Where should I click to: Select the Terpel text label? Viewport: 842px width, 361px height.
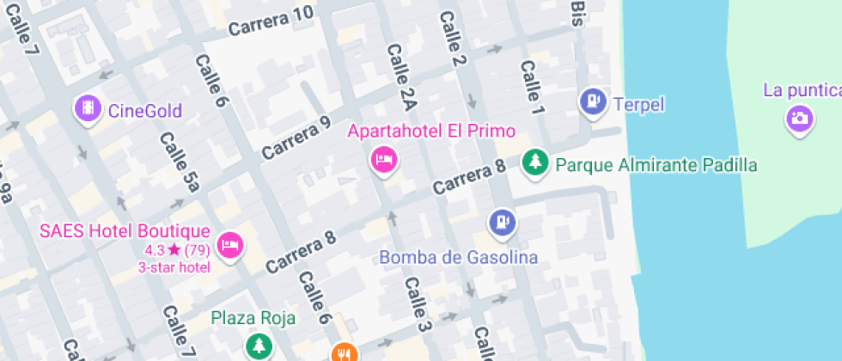pyautogui.click(x=639, y=105)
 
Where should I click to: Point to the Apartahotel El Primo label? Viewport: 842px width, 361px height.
pyautogui.click(x=431, y=132)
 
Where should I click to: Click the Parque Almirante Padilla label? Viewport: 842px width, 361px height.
pyautogui.click(x=656, y=164)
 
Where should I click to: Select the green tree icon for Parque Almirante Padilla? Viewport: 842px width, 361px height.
pyautogui.click(x=535, y=162)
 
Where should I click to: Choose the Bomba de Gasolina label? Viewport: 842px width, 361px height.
pyautogui.click(x=459, y=257)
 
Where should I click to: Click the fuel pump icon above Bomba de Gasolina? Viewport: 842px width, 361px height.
pyautogui.click(x=503, y=223)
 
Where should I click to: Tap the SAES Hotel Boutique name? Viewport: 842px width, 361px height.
pyautogui.click(x=125, y=231)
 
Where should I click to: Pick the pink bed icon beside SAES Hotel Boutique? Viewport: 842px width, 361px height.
pyautogui.click(x=230, y=246)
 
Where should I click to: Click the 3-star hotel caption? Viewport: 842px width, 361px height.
pyautogui.click(x=174, y=267)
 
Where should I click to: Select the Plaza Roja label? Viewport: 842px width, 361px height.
pyautogui.click(x=253, y=318)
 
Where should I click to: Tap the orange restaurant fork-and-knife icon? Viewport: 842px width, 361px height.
pyautogui.click(x=343, y=352)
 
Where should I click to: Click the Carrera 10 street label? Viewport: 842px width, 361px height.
pyautogui.click(x=271, y=22)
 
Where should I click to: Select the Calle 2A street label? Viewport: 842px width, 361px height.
pyautogui.click(x=401, y=78)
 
